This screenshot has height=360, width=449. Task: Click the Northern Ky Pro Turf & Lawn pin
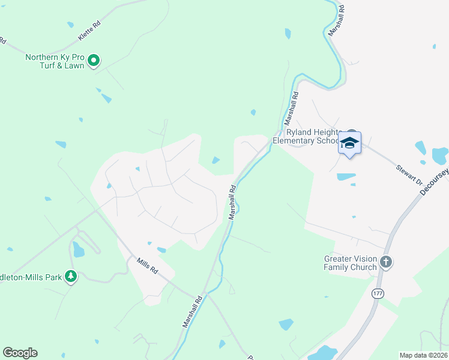pos(94,60)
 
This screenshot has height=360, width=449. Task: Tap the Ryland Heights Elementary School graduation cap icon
pos(349,143)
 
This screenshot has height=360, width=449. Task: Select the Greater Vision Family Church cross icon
pos(385,262)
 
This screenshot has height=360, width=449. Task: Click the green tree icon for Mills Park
pos(71,276)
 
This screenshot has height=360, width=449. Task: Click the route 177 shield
pos(377,293)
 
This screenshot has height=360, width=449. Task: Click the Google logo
pos(20,353)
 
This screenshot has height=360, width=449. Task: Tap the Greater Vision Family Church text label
pos(351,263)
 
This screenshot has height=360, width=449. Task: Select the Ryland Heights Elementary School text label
pos(306,137)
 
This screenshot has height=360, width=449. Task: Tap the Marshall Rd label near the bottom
pos(191,311)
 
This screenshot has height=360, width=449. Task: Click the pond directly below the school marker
pos(346,177)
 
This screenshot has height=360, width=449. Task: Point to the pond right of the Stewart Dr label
pos(439,156)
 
